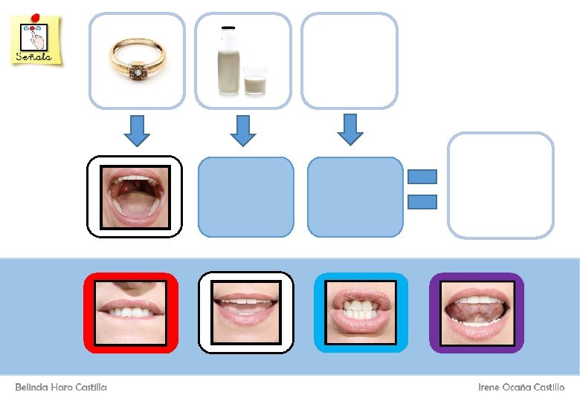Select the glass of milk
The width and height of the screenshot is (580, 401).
(255, 80)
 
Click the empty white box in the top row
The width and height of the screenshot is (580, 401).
(349, 61)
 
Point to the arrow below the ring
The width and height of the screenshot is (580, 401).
(136, 131)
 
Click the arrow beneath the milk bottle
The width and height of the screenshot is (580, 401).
(242, 131)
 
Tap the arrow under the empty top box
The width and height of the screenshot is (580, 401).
(349, 129)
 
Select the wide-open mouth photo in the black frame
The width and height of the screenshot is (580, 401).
(135, 197)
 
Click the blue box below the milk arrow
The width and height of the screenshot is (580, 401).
(246, 197)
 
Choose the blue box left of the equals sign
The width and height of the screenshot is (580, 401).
(355, 197)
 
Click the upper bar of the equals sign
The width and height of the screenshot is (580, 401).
(422, 177)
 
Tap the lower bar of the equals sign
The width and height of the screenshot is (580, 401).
(422, 200)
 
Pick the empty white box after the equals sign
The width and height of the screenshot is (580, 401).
(500, 186)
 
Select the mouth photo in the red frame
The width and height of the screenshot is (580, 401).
(131, 313)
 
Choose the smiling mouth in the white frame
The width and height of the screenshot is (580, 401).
(246, 313)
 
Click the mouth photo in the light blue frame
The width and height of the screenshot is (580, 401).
(361, 313)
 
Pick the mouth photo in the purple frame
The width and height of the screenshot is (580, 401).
(477, 313)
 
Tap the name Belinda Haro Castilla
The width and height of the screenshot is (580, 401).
(61, 388)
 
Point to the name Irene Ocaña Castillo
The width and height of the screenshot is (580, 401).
(521, 388)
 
